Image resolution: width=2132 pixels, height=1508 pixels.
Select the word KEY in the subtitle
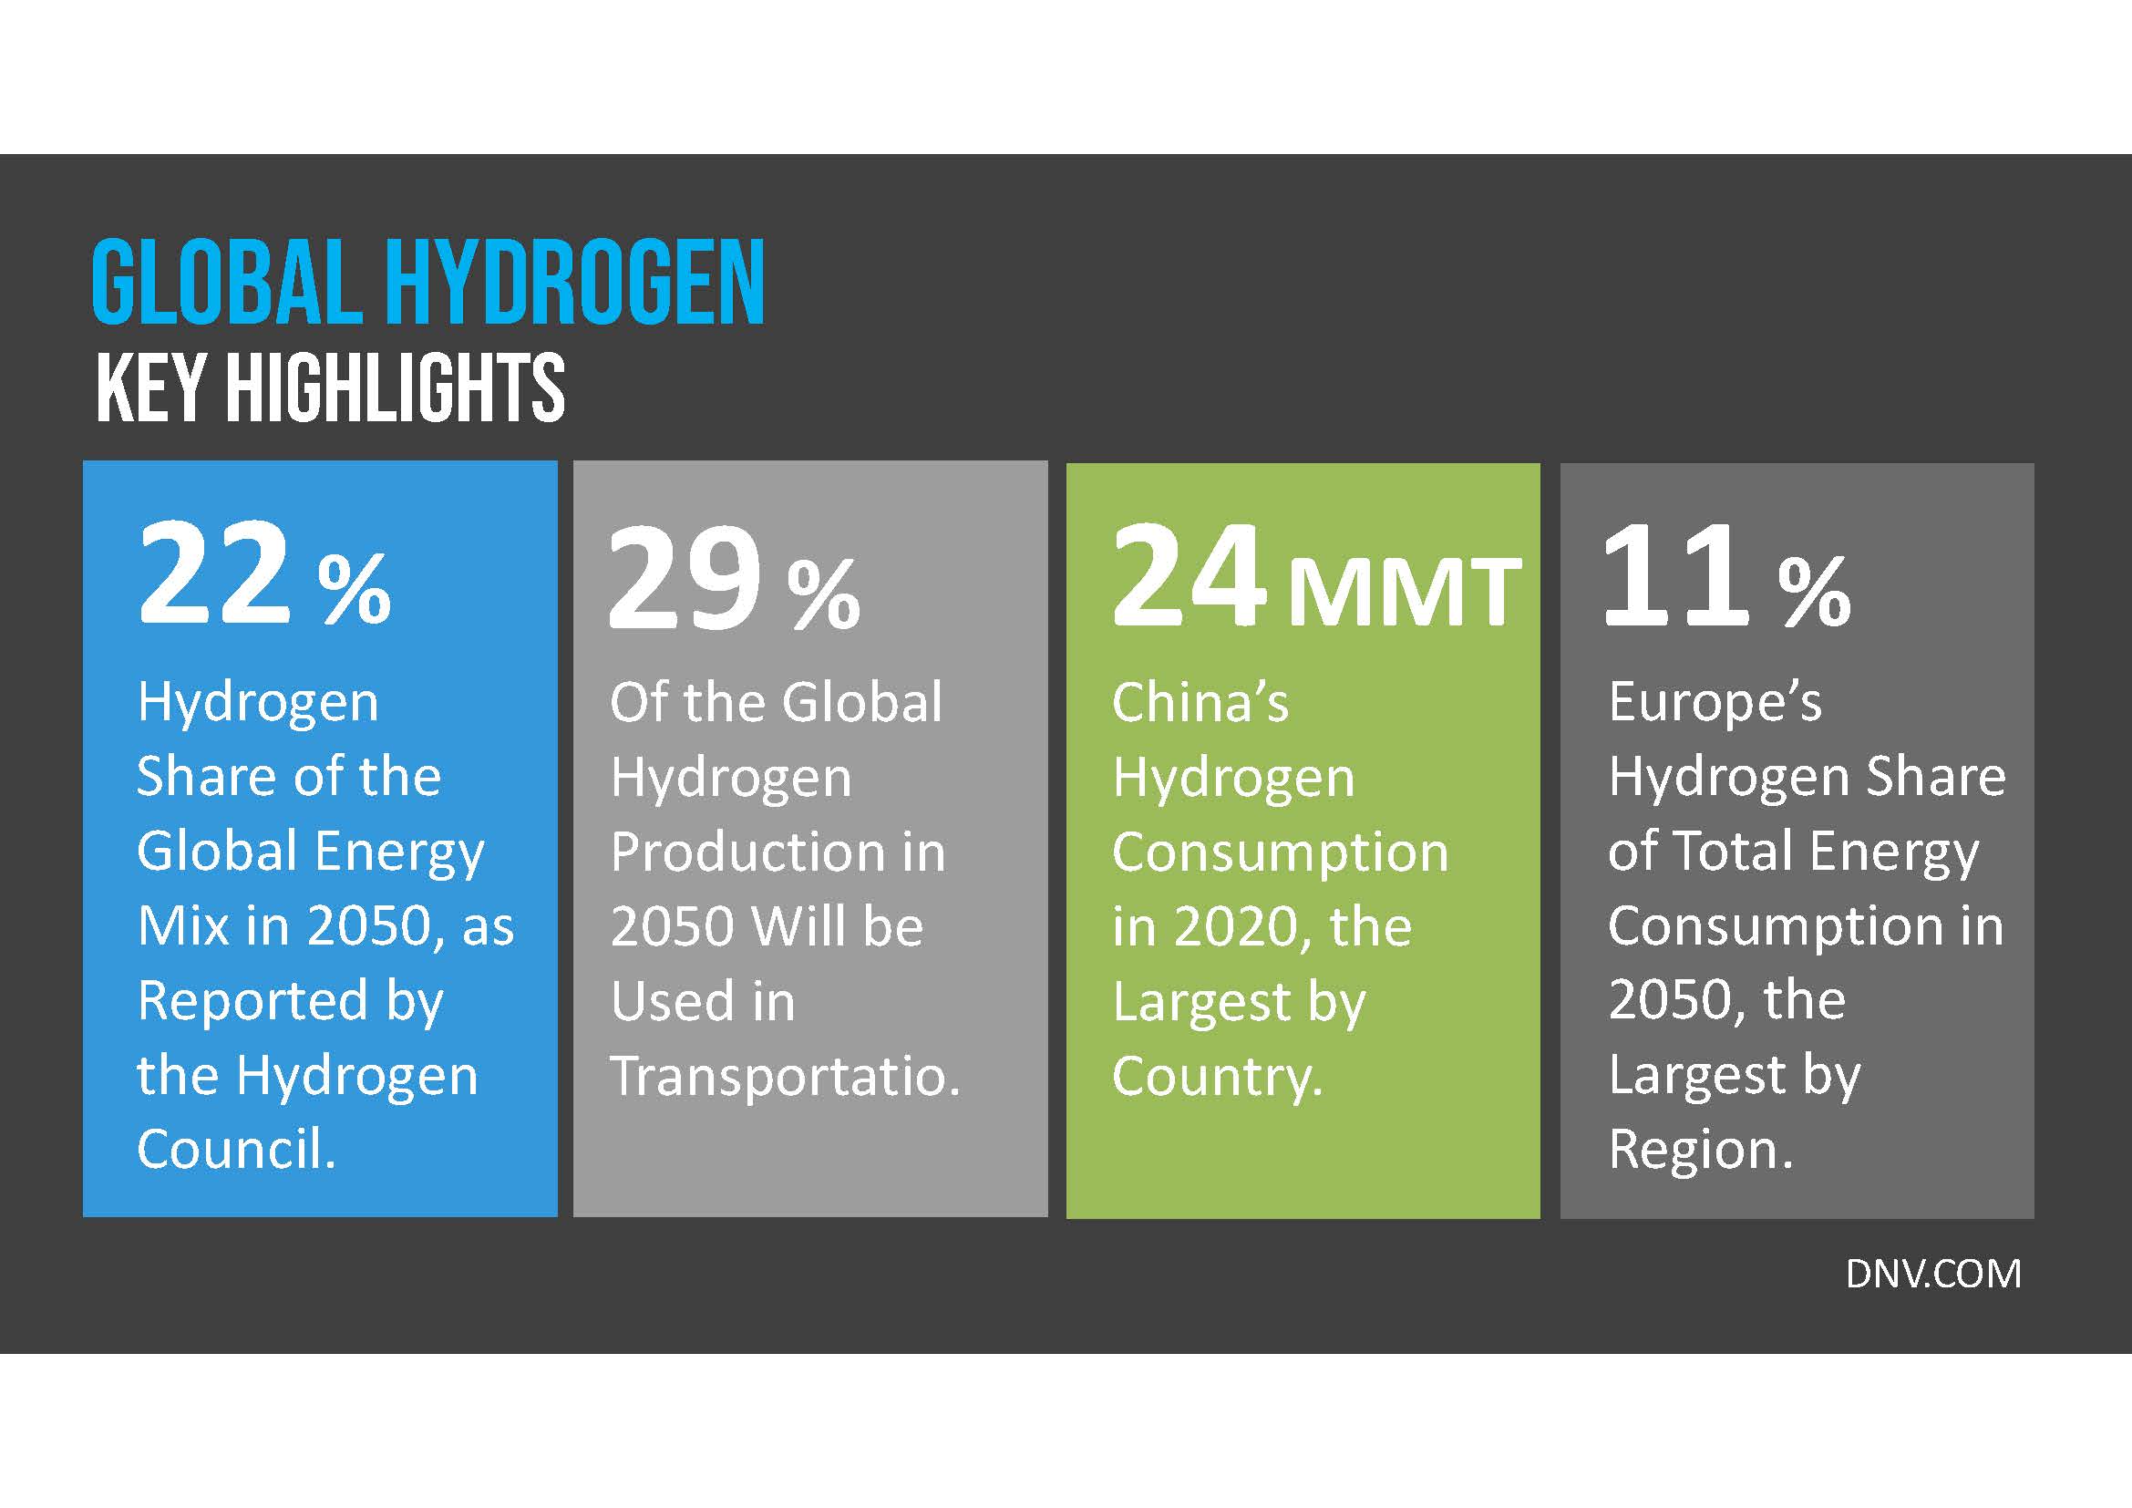coord(150,387)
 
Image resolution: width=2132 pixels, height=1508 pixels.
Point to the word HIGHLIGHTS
coord(396,387)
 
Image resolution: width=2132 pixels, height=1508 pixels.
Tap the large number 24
coord(1190,575)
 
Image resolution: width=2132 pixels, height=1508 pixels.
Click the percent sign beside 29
coord(823,594)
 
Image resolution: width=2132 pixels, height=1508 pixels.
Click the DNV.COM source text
coord(1933,1274)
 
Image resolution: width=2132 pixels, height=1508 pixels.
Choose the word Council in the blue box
coord(236,1150)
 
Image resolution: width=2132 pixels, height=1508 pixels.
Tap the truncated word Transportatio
coord(785,1076)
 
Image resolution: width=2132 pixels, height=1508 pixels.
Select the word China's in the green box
coord(1200,702)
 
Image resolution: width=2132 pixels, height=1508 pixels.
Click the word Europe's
coord(1715,702)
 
